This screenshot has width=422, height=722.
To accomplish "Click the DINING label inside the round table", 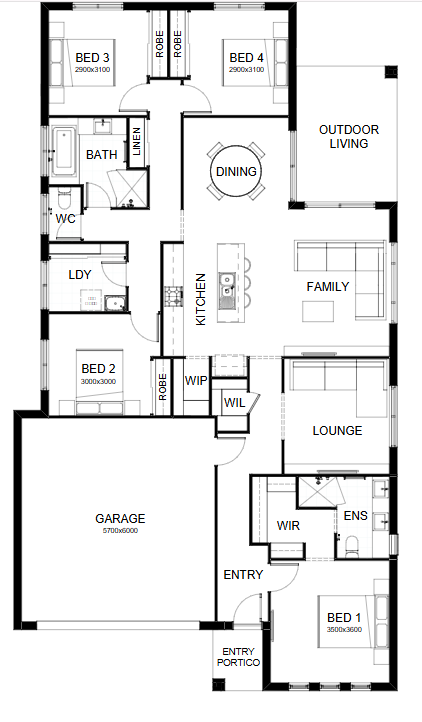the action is pyautogui.click(x=236, y=172).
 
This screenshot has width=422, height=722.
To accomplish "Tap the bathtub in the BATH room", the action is pyautogui.click(x=64, y=150).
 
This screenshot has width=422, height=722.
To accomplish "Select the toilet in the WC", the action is pyautogui.click(x=64, y=200).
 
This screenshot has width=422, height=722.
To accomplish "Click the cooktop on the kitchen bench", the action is pyautogui.click(x=174, y=296).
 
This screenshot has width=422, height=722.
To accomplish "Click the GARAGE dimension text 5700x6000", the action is pyautogui.click(x=120, y=530).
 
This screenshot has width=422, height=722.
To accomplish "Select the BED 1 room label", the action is pyautogui.click(x=344, y=617).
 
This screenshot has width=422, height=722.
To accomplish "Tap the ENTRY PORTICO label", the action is pyautogui.click(x=239, y=657).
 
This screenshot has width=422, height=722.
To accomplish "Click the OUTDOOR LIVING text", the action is pyautogui.click(x=349, y=136).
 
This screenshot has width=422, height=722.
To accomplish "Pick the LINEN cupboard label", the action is pyautogui.click(x=137, y=142).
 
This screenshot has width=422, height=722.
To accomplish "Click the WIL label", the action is pyautogui.click(x=234, y=403).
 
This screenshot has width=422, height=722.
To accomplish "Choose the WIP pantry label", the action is pyautogui.click(x=196, y=381).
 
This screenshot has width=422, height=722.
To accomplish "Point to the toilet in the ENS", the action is pyautogui.click(x=353, y=544).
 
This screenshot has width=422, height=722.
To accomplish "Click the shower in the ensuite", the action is pyautogui.click(x=318, y=492).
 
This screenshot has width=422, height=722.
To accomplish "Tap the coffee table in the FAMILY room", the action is pyautogui.click(x=318, y=311).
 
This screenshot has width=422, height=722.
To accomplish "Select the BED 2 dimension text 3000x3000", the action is pyautogui.click(x=98, y=381).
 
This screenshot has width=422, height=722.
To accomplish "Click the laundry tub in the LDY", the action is pyautogui.click(x=115, y=303).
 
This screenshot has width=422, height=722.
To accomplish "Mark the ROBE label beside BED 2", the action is pyautogui.click(x=162, y=387).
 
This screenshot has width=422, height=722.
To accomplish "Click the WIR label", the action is pyautogui.click(x=288, y=525).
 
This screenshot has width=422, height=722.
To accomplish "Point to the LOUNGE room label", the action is pyautogui.click(x=337, y=431).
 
